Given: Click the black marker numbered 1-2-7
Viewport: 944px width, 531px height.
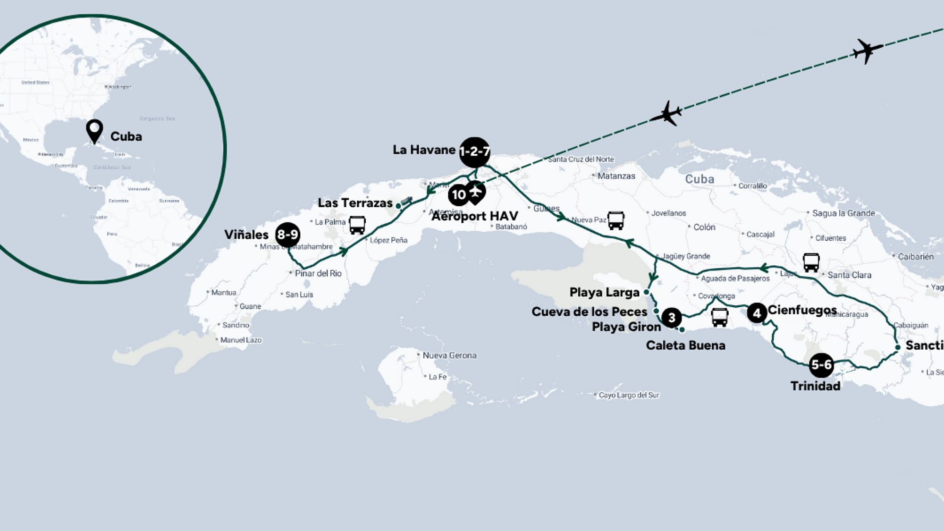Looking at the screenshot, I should point(474,152).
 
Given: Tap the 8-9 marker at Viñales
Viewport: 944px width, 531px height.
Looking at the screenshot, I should point(287,235).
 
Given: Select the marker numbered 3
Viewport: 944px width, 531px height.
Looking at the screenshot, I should point(671,318).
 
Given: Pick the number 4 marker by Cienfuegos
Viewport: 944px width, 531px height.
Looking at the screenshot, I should point(757,313).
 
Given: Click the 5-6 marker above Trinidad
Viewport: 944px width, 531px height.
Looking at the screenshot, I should point(821,365).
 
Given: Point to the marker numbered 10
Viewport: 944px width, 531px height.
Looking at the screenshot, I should point(458,195).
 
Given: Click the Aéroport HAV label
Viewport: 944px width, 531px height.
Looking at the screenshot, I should point(475,216).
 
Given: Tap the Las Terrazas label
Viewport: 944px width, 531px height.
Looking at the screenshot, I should point(355,203).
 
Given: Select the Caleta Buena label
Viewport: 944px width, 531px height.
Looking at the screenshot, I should point(685,346).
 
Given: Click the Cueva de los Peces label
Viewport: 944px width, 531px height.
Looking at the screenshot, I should point(589,312).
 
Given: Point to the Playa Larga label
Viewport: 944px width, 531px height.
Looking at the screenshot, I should point(604,293).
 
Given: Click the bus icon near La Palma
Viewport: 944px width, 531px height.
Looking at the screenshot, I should point(357,225).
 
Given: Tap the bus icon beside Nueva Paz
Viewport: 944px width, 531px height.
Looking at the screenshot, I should point(616,220).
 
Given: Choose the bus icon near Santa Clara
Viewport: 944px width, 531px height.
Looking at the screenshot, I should point(811,262).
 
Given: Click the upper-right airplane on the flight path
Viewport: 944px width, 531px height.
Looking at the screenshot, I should point(868,51).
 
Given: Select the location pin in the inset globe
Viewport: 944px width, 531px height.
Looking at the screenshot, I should point(94,130).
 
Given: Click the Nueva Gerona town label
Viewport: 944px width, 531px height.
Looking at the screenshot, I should point(449,355).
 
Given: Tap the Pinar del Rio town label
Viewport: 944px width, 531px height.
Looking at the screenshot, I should point(318,273).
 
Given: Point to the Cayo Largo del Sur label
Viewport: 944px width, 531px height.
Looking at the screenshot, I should point(629,395).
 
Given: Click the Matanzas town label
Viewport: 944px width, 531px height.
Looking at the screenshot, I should point(616,176).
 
